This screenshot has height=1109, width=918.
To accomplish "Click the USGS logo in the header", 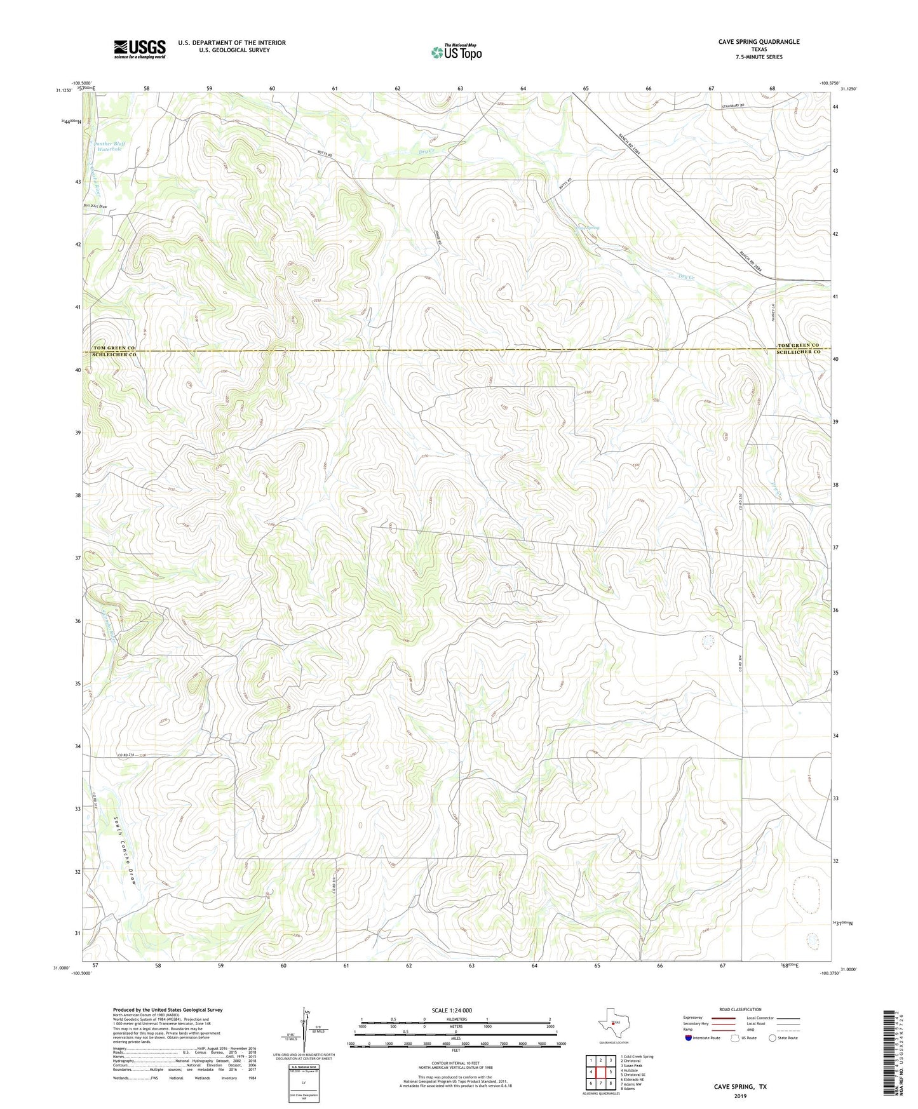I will pos(139,49).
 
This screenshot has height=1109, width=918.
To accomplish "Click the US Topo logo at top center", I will pos(456,52).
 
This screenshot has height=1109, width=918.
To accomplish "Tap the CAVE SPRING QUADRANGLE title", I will pos(759,42).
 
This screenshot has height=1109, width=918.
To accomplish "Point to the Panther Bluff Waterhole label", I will pos(109,146).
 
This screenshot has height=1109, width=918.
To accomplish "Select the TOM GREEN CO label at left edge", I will pos(114,348).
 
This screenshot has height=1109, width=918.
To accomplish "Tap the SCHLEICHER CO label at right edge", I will pos(799,352).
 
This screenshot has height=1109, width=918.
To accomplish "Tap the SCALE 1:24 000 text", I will pos(451,1011).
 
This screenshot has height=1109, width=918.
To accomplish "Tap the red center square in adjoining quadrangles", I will pos(600,1072).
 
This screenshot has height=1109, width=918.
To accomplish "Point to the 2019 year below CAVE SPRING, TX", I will pos(740,1096).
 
